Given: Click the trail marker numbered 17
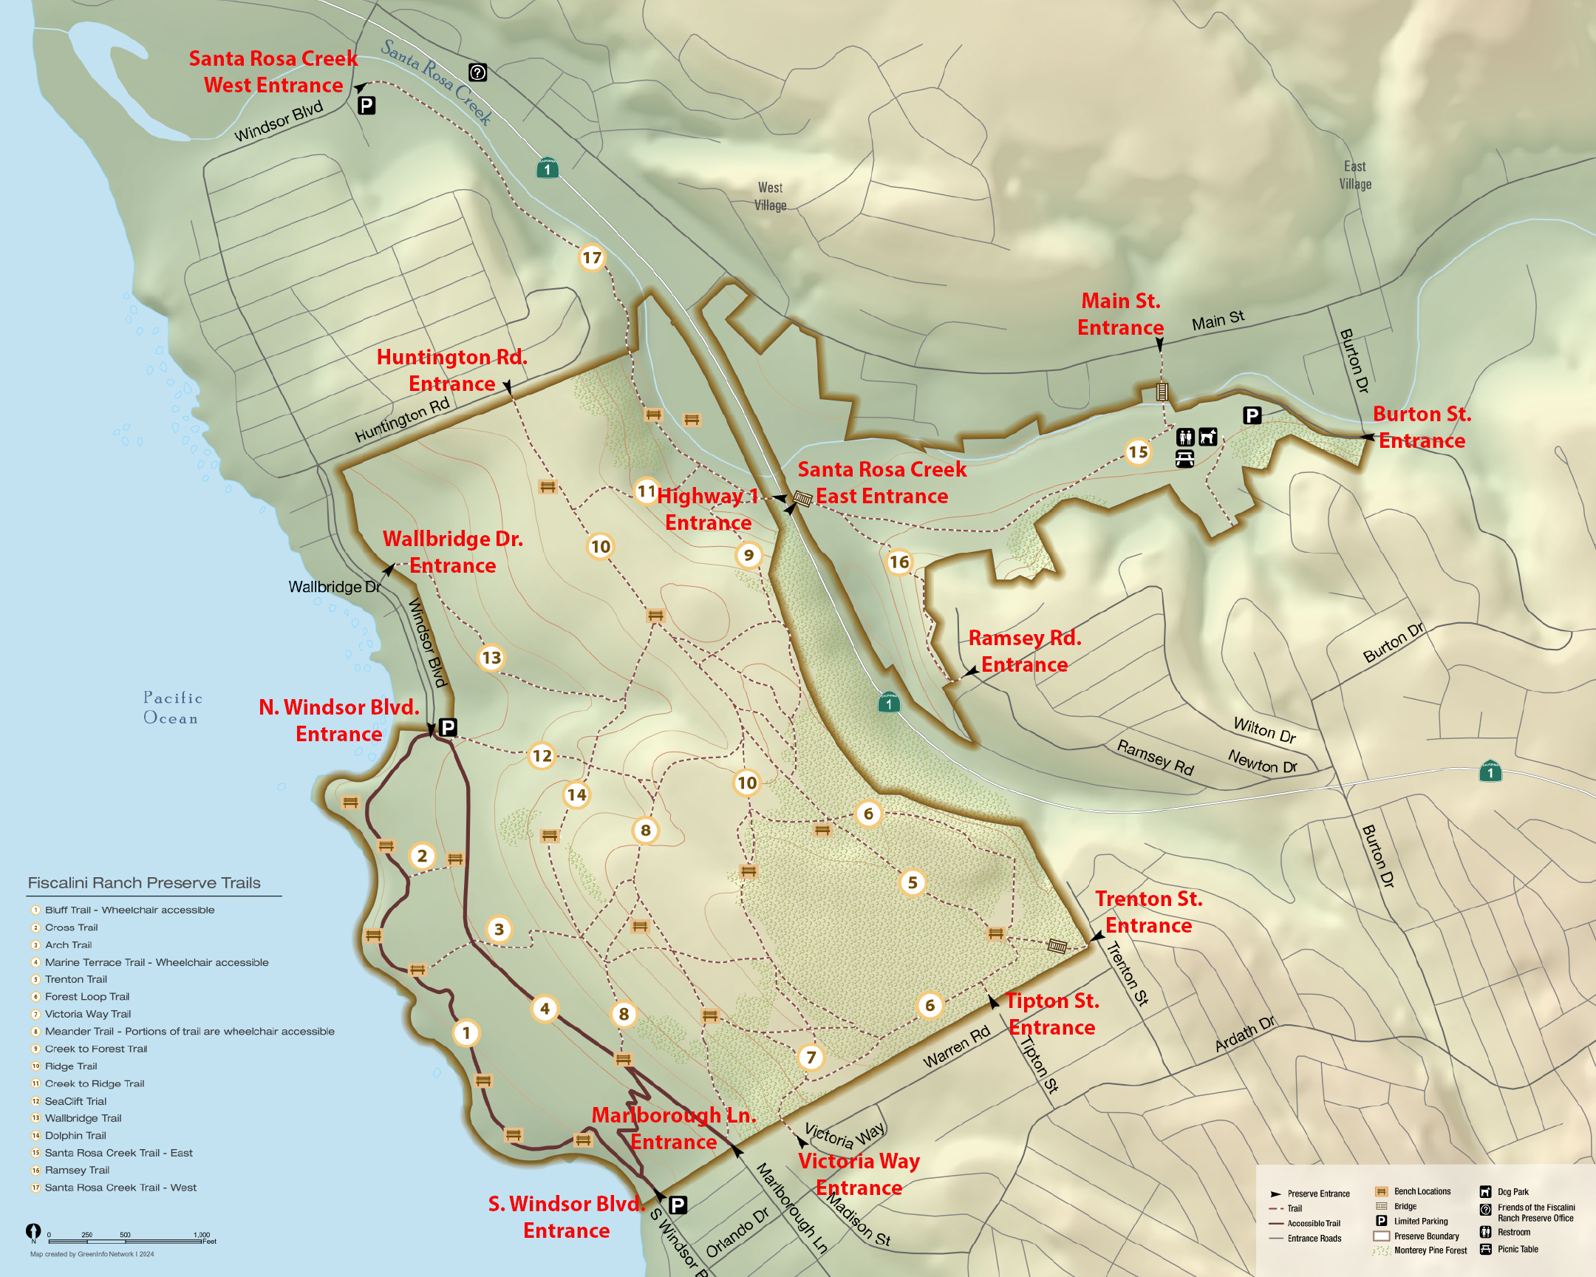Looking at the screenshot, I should tap(591, 258).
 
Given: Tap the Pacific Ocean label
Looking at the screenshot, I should tap(171, 708).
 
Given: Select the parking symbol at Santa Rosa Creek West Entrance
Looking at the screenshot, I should tap(366, 106).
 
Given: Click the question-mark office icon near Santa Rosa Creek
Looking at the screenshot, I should tap(478, 72).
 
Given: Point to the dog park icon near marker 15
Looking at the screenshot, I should tap(1208, 437).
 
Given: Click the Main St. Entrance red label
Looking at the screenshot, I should tap(1120, 314).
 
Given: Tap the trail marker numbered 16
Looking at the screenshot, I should tap(898, 562).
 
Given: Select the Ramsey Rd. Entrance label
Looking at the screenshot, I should tap(1025, 651).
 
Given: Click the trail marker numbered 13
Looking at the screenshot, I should tap(491, 658).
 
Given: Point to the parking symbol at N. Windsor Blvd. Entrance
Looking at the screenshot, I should tap(448, 728).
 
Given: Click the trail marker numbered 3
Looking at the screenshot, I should tap(499, 929).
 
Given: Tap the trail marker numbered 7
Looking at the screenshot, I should tap(811, 1057).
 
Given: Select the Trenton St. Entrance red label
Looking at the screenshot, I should tap(1148, 912).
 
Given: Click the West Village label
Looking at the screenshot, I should tap(770, 197).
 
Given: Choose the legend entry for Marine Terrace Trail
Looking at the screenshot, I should tap(155, 962).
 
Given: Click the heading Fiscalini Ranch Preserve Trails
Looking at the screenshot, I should tap(143, 882).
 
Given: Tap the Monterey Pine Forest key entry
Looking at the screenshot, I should tap(1430, 1250).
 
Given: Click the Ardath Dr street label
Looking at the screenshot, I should tap(1244, 1034).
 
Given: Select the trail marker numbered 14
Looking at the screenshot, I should tap(576, 795).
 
